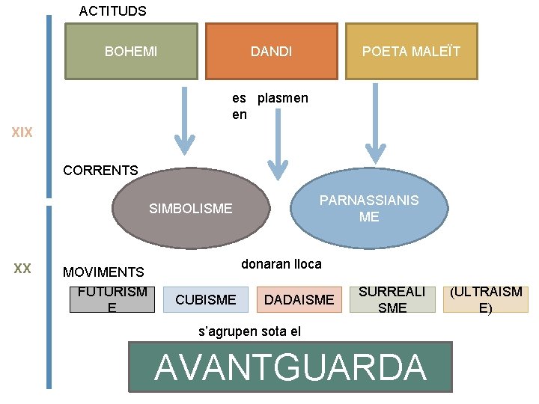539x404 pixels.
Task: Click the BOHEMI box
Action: [131, 51]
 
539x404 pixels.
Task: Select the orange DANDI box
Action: [271, 51]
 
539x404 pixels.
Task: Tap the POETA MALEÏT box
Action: [411, 51]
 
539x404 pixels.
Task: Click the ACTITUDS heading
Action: [112, 11]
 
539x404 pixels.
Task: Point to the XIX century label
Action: [22, 133]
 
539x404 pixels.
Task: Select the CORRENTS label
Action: [100, 171]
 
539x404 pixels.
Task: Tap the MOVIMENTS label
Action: [103, 272]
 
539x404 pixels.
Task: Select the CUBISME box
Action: [205, 299]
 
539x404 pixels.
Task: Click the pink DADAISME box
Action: [299, 299]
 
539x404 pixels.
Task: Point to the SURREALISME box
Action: [392, 299]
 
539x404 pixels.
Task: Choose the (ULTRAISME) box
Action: [486, 299]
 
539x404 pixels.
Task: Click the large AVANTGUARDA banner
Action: [290, 367]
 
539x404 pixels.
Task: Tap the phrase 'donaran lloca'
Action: [281, 264]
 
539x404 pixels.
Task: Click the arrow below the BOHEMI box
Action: [184, 120]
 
